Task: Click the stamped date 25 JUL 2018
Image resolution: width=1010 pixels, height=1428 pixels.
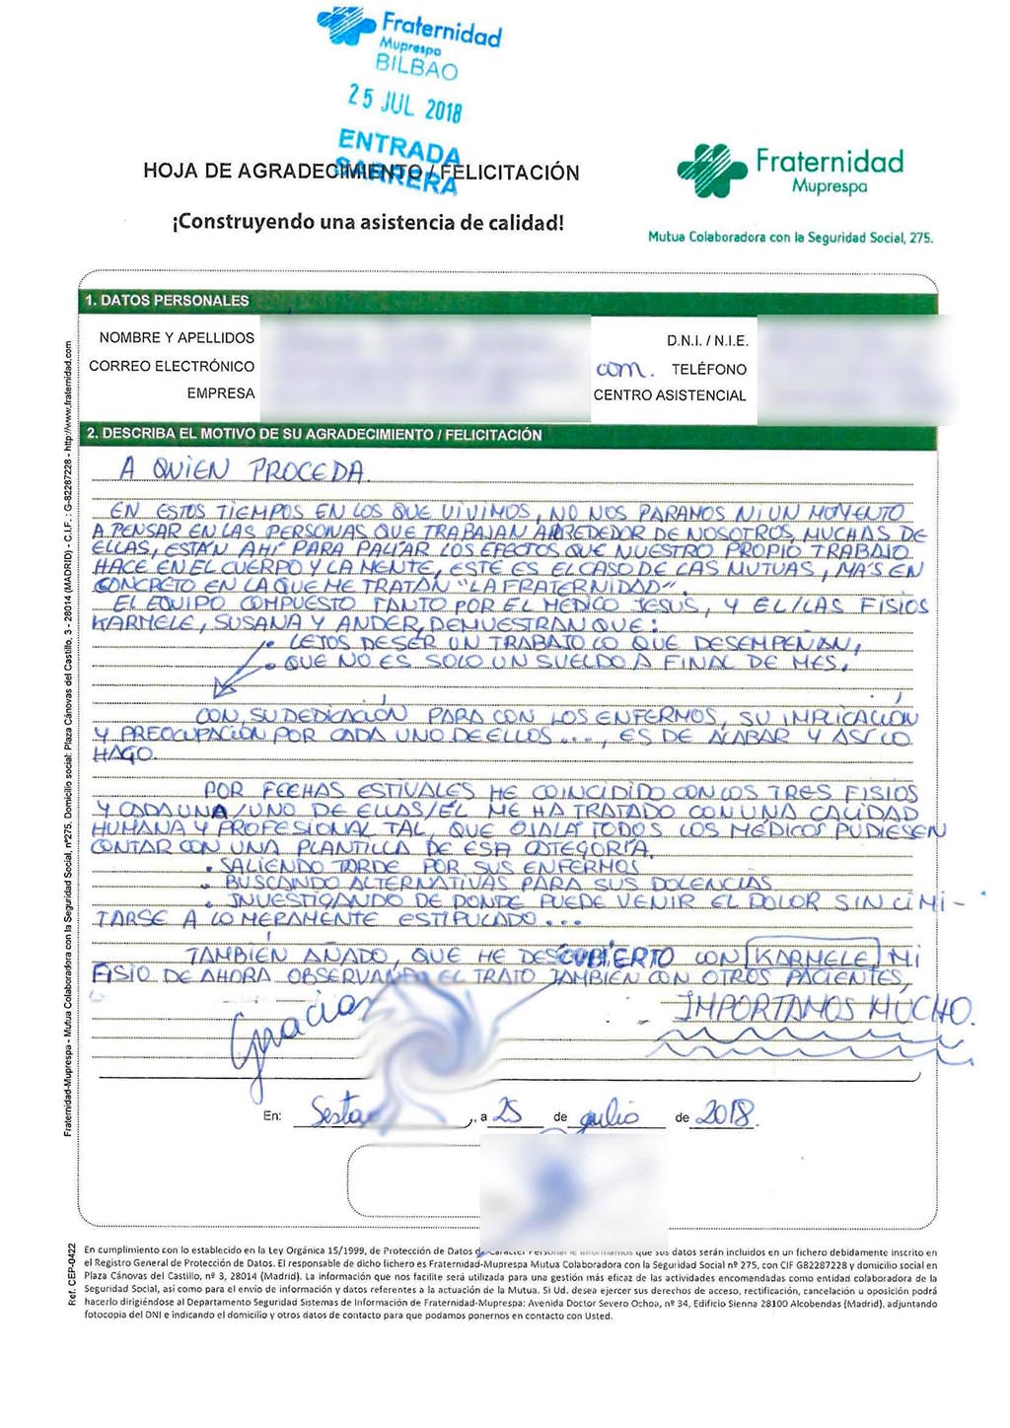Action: click(x=404, y=103)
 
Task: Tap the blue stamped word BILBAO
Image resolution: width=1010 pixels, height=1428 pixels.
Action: click(x=416, y=68)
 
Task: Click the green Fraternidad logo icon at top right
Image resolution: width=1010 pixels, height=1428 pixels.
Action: click(x=711, y=170)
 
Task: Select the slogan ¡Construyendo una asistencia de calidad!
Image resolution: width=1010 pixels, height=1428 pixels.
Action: click(x=368, y=223)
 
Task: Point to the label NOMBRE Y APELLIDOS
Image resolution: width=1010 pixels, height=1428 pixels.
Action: click(x=177, y=338)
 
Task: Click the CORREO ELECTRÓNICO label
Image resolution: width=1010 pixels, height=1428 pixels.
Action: click(x=172, y=366)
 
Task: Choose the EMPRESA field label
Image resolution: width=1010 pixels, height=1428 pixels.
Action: click(x=220, y=393)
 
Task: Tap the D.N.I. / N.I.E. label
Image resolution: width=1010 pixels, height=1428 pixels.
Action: click(x=707, y=341)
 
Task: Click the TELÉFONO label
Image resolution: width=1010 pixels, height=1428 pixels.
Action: click(x=709, y=369)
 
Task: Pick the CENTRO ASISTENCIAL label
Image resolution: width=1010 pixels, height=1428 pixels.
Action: click(x=670, y=395)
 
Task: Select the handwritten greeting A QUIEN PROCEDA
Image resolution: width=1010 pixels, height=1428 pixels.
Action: click(x=242, y=469)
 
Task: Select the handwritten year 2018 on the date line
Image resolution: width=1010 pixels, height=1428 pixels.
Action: click(x=725, y=1114)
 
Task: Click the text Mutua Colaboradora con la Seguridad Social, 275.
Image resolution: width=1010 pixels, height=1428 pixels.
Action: click(x=790, y=238)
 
